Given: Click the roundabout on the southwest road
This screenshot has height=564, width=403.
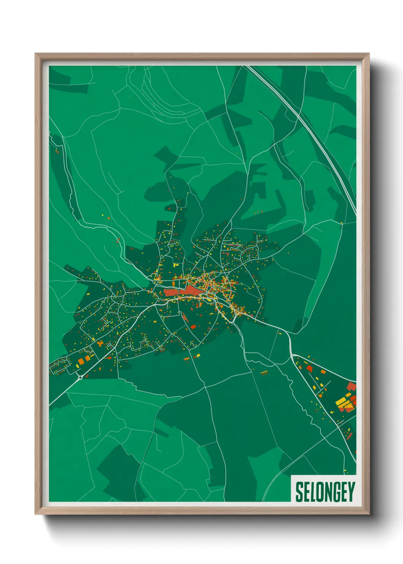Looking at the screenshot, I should tap(80, 378).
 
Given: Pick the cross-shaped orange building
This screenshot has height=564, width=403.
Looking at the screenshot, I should tap(100, 343).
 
